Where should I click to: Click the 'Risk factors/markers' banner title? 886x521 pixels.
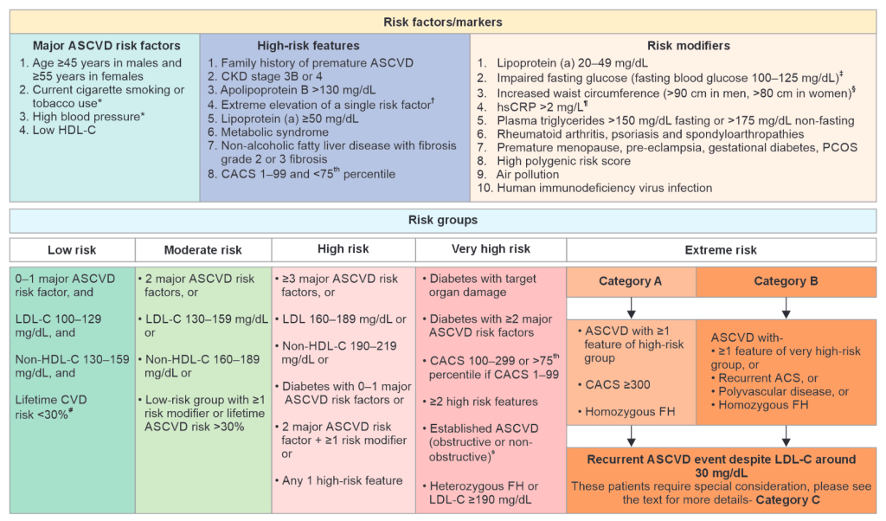(x=443, y=21)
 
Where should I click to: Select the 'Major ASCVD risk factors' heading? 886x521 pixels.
(x=106, y=46)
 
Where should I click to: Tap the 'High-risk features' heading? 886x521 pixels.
(x=308, y=46)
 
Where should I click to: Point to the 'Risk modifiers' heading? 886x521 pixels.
(x=689, y=46)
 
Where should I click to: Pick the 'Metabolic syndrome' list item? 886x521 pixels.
(x=274, y=132)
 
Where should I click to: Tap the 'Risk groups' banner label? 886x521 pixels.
(x=443, y=220)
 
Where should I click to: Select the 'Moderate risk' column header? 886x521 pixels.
(x=203, y=250)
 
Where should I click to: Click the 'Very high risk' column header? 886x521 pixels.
(x=491, y=249)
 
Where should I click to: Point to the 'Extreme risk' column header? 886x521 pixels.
(x=721, y=250)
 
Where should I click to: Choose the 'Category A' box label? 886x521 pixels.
(x=631, y=281)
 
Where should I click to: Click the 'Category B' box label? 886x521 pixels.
(x=786, y=281)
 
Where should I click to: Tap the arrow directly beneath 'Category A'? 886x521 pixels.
(x=631, y=307)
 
